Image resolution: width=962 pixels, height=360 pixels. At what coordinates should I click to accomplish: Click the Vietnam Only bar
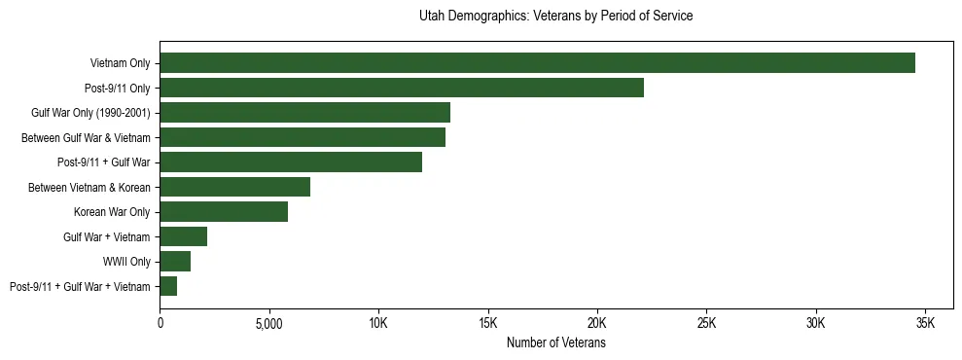[537, 63]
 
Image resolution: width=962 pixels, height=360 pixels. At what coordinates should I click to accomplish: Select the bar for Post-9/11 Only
[402, 88]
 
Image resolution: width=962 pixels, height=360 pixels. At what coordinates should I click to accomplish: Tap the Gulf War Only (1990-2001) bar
[304, 113]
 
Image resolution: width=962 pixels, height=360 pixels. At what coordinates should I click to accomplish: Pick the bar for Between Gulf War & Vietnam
[303, 137]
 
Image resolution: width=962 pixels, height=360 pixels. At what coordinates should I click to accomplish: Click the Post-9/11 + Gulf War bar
[291, 162]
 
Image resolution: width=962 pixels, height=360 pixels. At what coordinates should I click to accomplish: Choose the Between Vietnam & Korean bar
[234, 187]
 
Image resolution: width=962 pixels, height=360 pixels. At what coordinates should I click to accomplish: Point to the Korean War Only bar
[224, 211]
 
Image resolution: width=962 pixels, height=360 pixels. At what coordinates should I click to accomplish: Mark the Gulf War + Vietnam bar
[183, 236]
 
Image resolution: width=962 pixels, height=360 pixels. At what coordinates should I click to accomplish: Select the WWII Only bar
[175, 261]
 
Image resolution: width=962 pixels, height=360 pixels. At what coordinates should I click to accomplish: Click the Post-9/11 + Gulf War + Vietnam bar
[168, 286]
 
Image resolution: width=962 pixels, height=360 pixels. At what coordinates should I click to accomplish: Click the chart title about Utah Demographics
[555, 17]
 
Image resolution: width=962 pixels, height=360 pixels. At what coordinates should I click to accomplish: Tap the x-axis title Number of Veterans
[555, 342]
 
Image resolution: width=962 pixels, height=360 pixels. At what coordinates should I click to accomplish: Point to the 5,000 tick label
[269, 323]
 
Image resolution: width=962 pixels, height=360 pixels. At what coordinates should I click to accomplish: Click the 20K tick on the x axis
[597, 323]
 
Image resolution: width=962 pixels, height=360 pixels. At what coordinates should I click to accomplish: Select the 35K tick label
[925, 323]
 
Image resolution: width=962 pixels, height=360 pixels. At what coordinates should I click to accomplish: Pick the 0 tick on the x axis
[160, 323]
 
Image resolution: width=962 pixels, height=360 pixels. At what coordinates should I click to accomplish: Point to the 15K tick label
[488, 323]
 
